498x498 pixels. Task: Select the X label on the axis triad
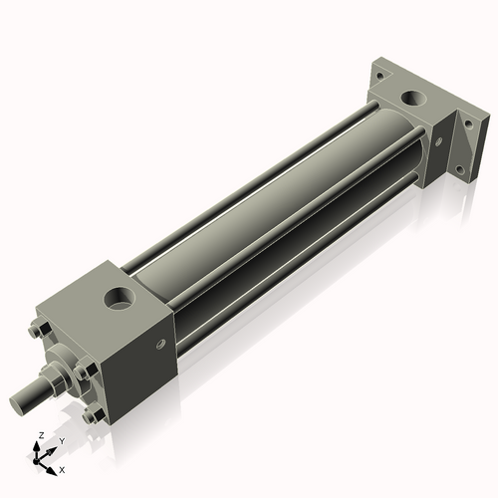point(62,468)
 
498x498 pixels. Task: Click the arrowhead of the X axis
point(53,464)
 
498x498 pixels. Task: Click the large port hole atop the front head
point(121,298)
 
